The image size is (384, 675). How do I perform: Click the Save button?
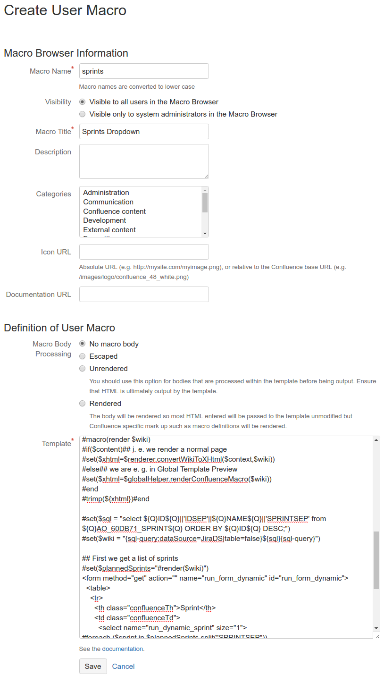click(x=93, y=666)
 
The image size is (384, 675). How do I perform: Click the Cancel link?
click(x=124, y=666)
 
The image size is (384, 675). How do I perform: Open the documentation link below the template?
click(x=123, y=649)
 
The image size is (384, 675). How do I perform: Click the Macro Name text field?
click(x=144, y=71)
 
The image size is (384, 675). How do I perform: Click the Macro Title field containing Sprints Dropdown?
click(x=144, y=132)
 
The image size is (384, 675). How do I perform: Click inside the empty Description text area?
click(x=144, y=161)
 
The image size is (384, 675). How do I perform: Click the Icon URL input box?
click(x=144, y=252)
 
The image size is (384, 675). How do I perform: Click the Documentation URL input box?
click(x=144, y=295)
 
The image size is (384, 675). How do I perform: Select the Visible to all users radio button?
click(x=83, y=102)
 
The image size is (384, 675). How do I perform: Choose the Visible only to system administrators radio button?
click(x=83, y=114)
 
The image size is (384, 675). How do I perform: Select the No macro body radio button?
click(x=83, y=344)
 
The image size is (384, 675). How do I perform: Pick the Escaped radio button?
click(x=83, y=356)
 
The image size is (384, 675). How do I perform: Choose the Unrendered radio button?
click(x=83, y=369)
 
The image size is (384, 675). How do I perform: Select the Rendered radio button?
click(x=83, y=404)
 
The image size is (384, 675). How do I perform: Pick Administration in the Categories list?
click(x=106, y=193)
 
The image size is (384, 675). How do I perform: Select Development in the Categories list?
click(x=105, y=220)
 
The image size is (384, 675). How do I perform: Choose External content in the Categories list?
click(x=109, y=230)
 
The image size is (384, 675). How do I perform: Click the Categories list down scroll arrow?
click(x=205, y=233)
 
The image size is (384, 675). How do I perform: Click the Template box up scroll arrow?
click(x=376, y=440)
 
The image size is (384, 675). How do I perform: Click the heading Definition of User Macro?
click(x=59, y=328)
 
